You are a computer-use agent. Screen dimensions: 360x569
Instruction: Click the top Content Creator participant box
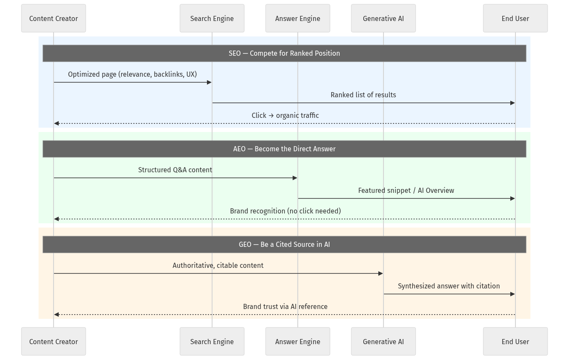click(x=54, y=18)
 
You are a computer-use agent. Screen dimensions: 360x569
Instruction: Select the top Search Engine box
click(x=212, y=18)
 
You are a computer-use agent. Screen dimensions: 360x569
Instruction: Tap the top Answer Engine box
click(x=298, y=18)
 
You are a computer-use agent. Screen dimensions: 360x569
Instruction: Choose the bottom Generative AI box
click(x=383, y=342)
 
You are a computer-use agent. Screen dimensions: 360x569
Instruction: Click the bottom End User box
click(x=515, y=342)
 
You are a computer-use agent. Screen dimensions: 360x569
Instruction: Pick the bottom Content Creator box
click(x=54, y=342)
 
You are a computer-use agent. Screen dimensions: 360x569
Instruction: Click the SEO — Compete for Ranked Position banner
click(x=284, y=53)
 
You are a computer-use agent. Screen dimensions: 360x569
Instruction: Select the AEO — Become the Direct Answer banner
click(x=284, y=149)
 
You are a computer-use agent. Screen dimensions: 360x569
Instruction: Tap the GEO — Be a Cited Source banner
click(x=284, y=244)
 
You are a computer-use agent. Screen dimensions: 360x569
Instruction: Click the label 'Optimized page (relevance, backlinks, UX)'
click(x=132, y=74)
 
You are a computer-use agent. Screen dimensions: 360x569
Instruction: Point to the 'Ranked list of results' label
click(x=363, y=95)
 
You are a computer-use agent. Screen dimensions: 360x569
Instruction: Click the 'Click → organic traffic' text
click(x=285, y=115)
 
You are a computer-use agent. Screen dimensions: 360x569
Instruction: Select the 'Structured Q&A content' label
click(x=175, y=170)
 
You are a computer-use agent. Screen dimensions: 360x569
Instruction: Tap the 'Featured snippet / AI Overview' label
click(x=406, y=190)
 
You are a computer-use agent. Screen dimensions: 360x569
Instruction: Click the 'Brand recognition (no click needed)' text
click(x=285, y=211)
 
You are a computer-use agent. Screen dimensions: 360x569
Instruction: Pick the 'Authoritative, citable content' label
click(x=218, y=265)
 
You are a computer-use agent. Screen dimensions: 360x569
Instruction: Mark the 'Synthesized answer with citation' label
click(x=449, y=286)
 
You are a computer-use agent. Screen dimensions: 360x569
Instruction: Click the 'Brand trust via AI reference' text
click(x=285, y=306)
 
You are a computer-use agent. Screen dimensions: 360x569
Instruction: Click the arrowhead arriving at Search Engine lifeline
click(x=209, y=82)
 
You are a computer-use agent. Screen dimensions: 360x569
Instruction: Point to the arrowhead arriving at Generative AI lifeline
click(x=380, y=273)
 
